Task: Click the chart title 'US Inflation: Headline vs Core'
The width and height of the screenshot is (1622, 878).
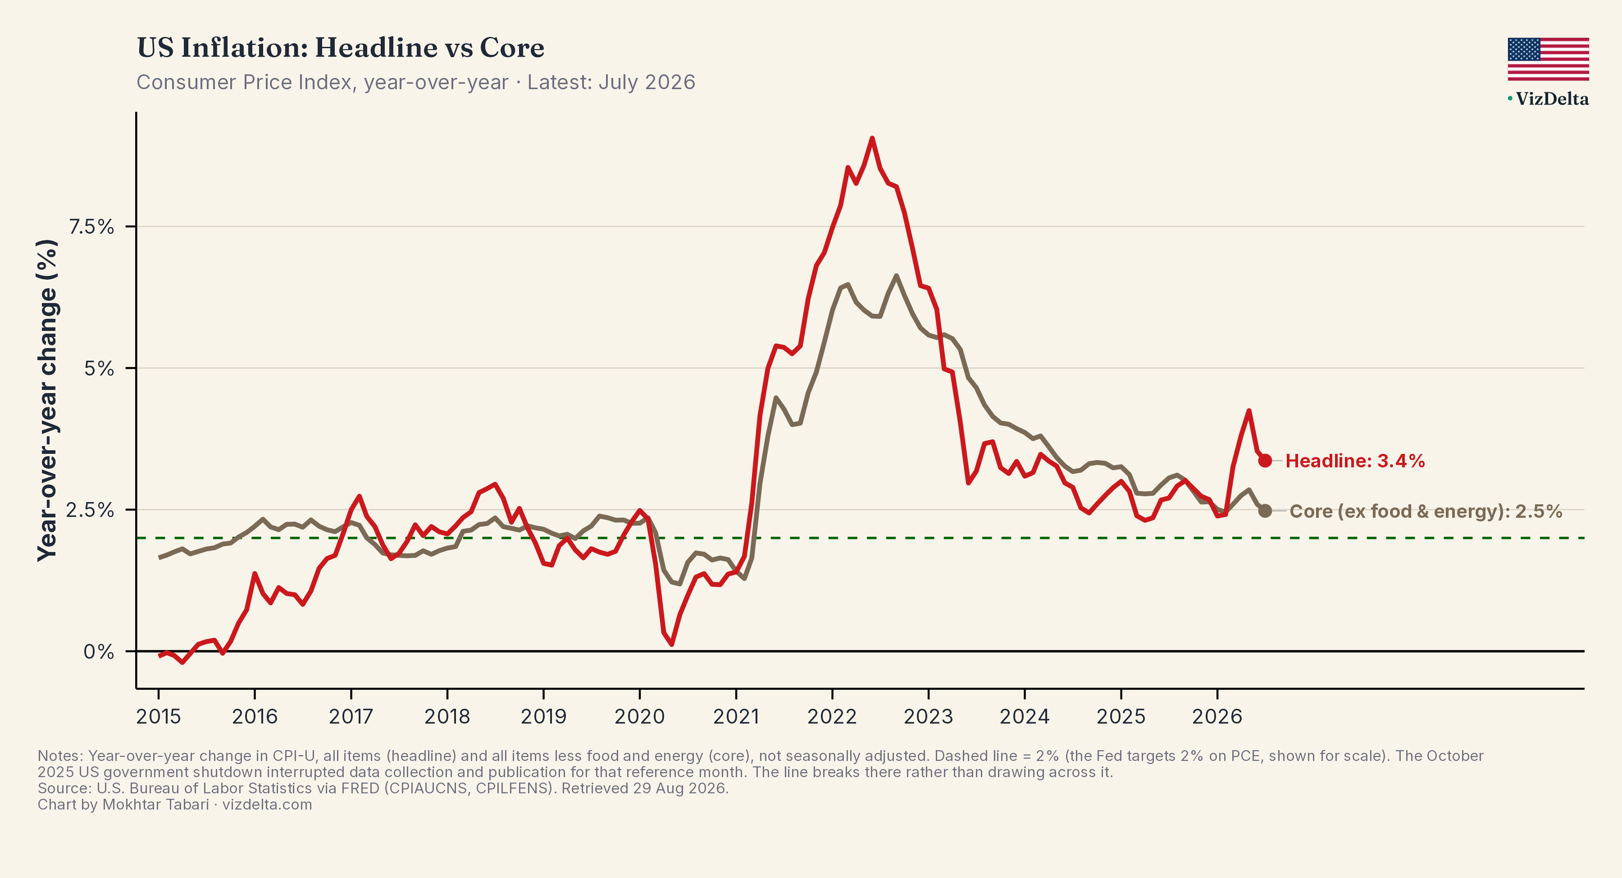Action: pyautogui.click(x=341, y=48)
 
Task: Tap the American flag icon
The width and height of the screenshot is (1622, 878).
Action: pyautogui.click(x=1548, y=59)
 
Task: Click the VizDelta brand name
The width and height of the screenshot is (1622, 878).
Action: pyautogui.click(x=1552, y=99)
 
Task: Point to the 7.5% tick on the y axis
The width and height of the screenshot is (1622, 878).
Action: pyautogui.click(x=91, y=226)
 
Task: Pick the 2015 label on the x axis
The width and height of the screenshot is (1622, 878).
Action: pyautogui.click(x=159, y=716)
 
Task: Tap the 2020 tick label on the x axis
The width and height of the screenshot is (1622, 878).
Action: pyautogui.click(x=640, y=716)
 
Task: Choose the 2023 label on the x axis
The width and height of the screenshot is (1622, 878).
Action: pyautogui.click(x=928, y=716)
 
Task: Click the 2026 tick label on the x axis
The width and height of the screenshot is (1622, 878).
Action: pyautogui.click(x=1217, y=716)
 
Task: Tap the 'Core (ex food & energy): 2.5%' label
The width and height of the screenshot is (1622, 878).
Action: pyautogui.click(x=1426, y=511)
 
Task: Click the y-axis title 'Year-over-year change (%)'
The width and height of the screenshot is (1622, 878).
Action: pyautogui.click(x=47, y=400)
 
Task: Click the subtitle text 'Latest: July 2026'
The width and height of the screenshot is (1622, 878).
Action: pyautogui.click(x=611, y=82)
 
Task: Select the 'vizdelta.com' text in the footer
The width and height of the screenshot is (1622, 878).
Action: pyautogui.click(x=267, y=805)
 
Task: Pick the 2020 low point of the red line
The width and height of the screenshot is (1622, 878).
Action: pyautogui.click(x=672, y=644)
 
